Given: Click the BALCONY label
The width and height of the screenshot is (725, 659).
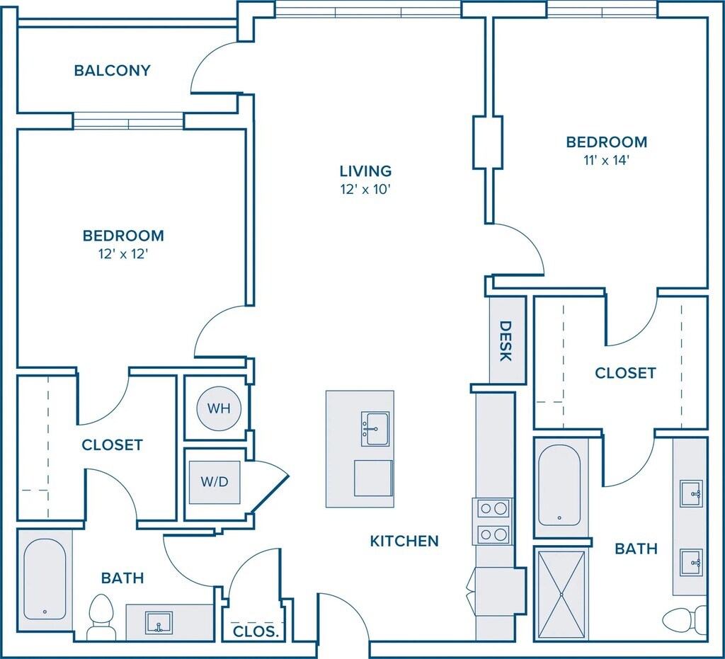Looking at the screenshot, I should pos(112,71).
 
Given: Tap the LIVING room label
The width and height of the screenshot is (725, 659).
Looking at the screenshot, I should pos(365,171).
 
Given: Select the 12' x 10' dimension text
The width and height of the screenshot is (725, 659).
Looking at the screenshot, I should pos(365,189).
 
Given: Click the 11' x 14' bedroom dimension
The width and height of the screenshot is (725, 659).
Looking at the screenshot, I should pos(607,160).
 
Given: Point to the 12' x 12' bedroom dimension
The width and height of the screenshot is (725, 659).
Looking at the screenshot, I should pos(123,253).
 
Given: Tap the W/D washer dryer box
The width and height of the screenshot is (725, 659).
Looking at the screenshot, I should pos(214,482).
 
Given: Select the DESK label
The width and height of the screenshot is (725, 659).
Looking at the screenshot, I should pos(506,340).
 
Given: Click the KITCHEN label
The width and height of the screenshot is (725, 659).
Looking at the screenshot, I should pos(404,541).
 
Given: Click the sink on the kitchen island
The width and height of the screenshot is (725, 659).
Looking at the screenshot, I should pos(375,429).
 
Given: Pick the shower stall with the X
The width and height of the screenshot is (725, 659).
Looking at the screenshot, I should pos(562,593).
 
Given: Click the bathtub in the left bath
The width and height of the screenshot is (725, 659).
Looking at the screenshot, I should pos(45,578).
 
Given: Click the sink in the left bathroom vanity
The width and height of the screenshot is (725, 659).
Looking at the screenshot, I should pos(159,623).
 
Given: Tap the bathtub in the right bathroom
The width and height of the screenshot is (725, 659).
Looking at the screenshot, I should pos(559,486).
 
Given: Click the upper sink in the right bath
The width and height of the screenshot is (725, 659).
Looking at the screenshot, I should pos(690,493).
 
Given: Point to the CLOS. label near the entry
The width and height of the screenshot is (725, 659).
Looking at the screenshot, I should pos(255,631).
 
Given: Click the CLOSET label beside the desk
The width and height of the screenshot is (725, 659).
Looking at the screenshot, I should pos(625,372).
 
